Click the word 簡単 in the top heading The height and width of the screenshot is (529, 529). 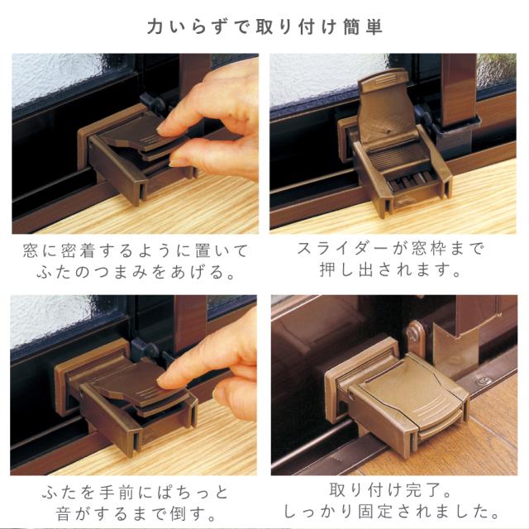click(363, 27)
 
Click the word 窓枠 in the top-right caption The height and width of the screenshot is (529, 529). click(429, 249)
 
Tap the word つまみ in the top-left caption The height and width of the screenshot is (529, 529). click(121, 272)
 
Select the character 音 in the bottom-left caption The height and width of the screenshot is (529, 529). click(64, 514)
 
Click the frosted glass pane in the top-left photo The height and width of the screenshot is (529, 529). click(57, 79)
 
